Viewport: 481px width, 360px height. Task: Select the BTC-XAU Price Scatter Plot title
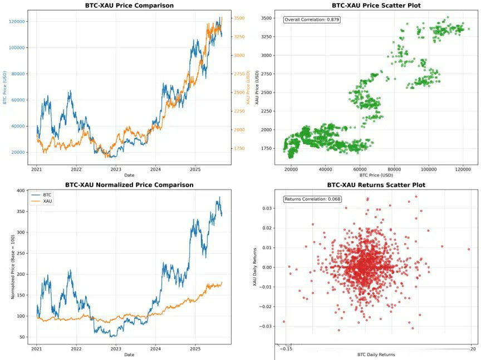(376, 6)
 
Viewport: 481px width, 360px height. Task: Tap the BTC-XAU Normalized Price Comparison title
(129, 184)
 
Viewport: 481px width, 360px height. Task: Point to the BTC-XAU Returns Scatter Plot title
(376, 184)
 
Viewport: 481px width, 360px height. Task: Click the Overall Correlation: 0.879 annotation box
(312, 20)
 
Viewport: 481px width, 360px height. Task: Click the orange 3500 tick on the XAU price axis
(240, 18)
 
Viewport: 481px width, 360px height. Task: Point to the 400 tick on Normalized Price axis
(21, 191)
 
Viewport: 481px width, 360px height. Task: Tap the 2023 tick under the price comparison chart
(116, 168)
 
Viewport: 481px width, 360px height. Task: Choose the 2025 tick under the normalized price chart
(195, 348)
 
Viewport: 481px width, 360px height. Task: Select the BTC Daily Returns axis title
(376, 354)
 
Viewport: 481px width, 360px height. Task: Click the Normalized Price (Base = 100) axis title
(12, 267)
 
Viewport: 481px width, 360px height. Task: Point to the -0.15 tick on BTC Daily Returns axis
(285, 349)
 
